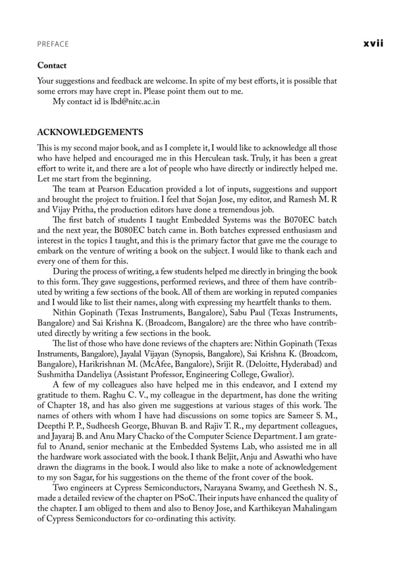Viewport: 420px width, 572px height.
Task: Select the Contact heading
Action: tap(52, 66)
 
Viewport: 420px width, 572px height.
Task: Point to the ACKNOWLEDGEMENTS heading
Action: tap(90, 132)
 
